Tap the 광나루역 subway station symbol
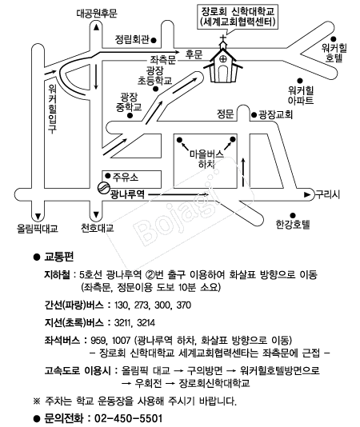[x=103, y=188]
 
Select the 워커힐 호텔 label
[x=334, y=53]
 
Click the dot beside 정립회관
[x=154, y=41]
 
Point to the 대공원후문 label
[x=97, y=14]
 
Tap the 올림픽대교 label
[x=38, y=228]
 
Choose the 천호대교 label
[x=97, y=227]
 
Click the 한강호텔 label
[x=293, y=225]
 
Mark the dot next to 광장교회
[x=254, y=115]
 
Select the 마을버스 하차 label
[x=207, y=159]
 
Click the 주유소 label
[x=126, y=177]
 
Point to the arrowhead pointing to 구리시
[x=307, y=195]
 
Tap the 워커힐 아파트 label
[x=301, y=95]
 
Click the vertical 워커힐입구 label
[x=52, y=109]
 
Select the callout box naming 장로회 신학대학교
[x=238, y=16]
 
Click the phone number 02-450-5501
[x=128, y=418]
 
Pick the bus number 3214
[x=146, y=323]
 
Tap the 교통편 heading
[x=59, y=257]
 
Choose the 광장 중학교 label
[x=129, y=102]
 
